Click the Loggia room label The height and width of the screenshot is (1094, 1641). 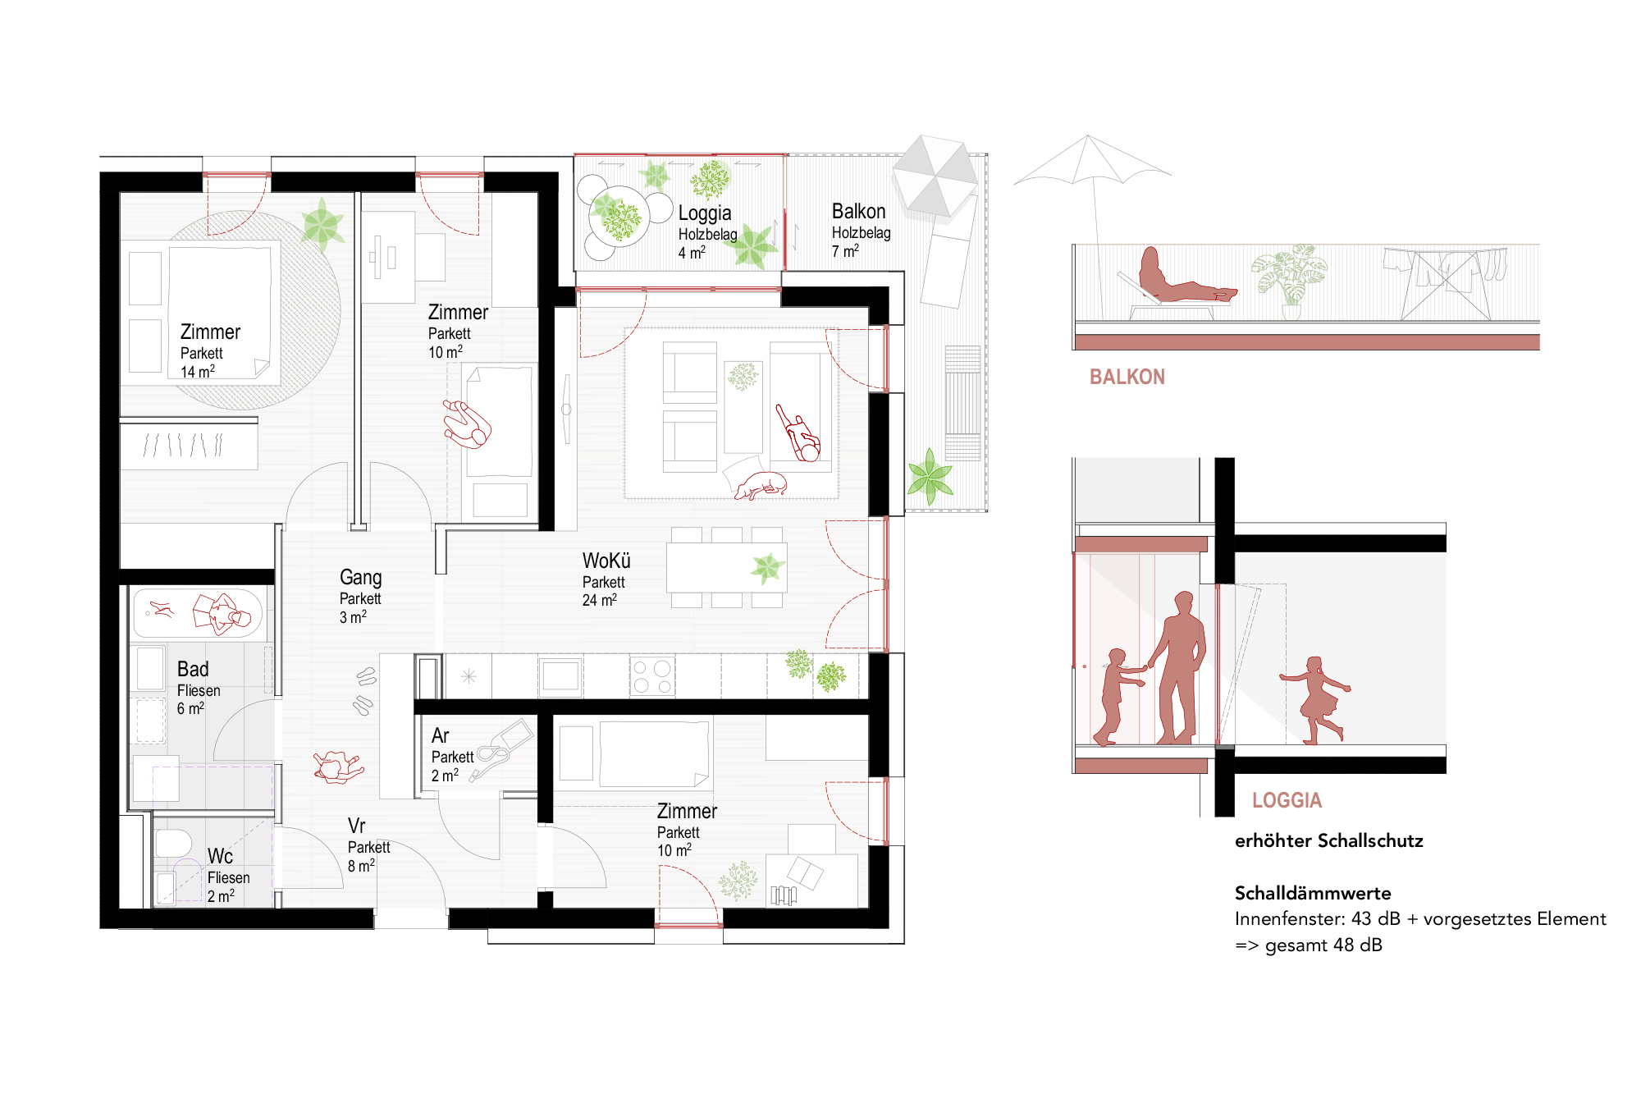705,213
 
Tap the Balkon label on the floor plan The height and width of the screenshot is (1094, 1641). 859,211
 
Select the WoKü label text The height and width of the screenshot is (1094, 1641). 606,561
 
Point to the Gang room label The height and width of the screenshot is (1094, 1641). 361,578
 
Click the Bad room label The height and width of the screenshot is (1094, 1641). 193,669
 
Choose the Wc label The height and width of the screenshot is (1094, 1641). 220,857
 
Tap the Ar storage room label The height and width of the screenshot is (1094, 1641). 441,735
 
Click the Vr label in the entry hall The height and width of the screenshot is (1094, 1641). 356,826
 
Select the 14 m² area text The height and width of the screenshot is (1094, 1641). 198,371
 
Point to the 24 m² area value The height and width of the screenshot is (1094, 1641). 600,600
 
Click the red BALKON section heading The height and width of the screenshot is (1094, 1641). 1127,377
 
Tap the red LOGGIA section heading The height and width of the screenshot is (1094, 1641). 1287,800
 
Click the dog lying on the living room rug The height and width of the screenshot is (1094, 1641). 761,485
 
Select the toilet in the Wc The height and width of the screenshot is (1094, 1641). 173,843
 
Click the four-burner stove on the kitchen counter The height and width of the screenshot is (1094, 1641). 652,676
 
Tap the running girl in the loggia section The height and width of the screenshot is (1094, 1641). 1315,700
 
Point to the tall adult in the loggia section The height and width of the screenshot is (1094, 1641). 1178,668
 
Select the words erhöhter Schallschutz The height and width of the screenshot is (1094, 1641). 1328,840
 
